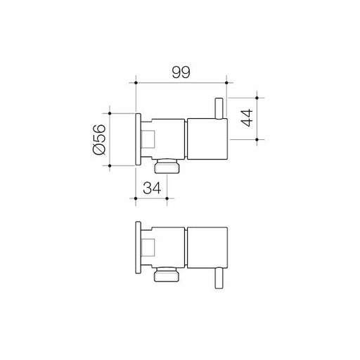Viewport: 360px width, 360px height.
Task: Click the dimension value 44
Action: pyautogui.click(x=245, y=118)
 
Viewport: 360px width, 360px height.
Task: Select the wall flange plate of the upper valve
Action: pyautogui.click(x=138, y=138)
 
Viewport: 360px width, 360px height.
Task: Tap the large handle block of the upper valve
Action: pyautogui.click(x=205, y=139)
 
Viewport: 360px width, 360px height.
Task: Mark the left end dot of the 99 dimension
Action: pyautogui.click(x=134, y=82)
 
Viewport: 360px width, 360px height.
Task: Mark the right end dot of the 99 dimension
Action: pyautogui.click(x=225, y=82)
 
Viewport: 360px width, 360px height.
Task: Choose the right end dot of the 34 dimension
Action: pyautogui.click(x=166, y=199)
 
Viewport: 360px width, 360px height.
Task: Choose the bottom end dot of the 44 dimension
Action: pyautogui.click(x=258, y=140)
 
